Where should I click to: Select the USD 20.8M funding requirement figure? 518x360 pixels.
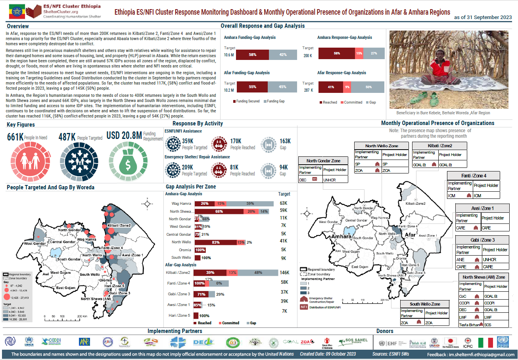click(124, 136)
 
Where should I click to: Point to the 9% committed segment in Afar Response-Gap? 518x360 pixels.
click(347, 87)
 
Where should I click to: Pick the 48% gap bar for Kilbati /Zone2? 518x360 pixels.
click(258, 273)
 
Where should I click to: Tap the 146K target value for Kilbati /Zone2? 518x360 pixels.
click(284, 273)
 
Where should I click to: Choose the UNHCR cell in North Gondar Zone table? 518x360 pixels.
click(330, 180)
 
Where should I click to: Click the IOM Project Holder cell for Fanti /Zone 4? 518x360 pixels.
click(478, 195)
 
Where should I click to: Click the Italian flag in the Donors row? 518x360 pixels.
click(485, 343)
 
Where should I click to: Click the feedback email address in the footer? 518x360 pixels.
click(481, 354)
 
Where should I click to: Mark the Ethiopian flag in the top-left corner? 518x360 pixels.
click(17, 11)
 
